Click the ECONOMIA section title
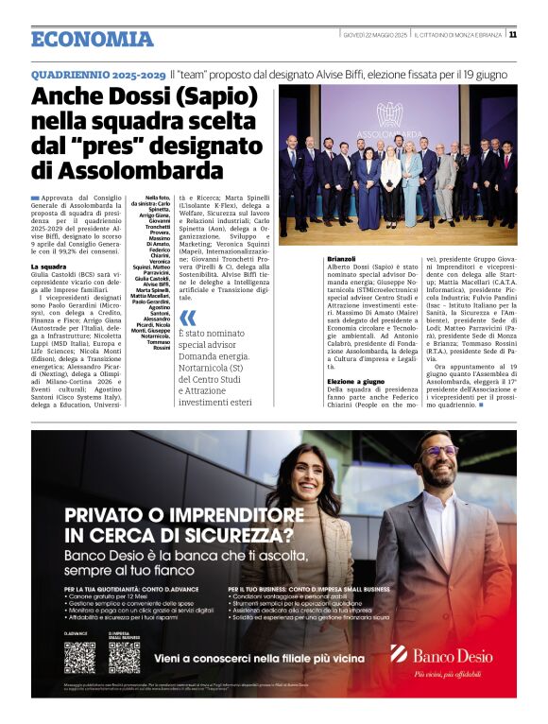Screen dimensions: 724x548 click(92, 39)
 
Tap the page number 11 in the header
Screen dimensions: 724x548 click(512, 35)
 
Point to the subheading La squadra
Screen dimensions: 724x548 click(48, 267)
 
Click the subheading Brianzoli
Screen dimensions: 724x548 click(341, 258)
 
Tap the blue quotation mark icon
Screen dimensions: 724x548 click(188, 318)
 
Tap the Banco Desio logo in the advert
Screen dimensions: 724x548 click(441, 655)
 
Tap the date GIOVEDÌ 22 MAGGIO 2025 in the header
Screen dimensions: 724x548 click(374, 35)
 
